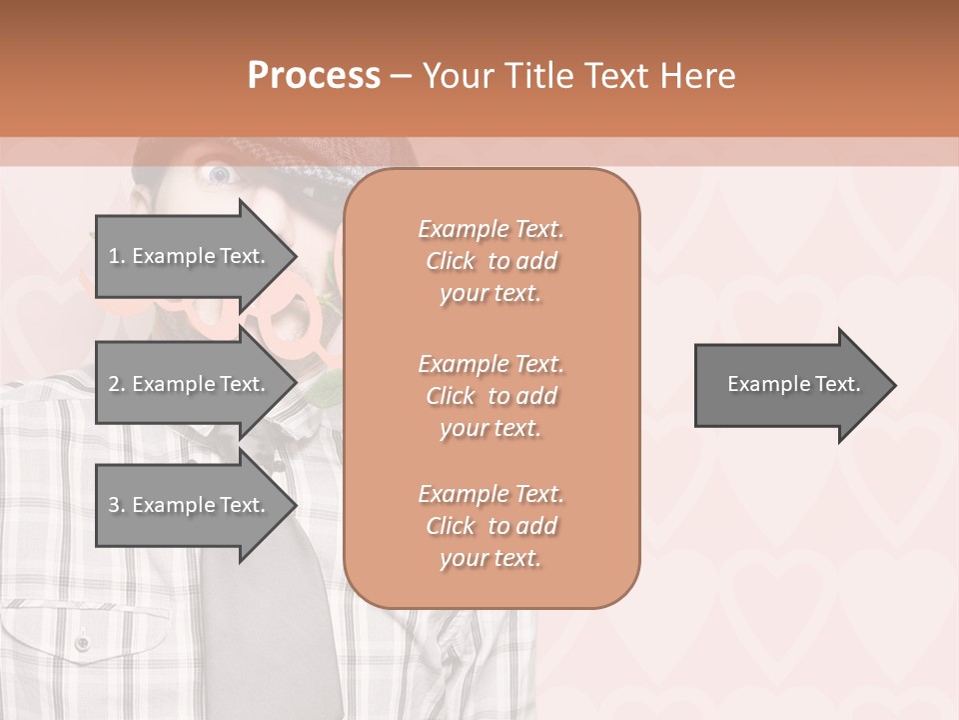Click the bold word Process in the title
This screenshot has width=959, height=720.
[314, 76]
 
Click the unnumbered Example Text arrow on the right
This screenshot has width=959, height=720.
[789, 385]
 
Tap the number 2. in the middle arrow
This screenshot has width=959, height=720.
[117, 384]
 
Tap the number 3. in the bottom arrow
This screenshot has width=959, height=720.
[117, 505]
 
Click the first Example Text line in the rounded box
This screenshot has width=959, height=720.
[490, 229]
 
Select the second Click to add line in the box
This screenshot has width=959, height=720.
[490, 396]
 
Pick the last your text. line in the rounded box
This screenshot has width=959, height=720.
[490, 558]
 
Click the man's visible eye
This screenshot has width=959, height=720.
[218, 176]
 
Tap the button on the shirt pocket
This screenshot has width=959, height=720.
[83, 642]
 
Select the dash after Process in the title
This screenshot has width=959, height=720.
[401, 76]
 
